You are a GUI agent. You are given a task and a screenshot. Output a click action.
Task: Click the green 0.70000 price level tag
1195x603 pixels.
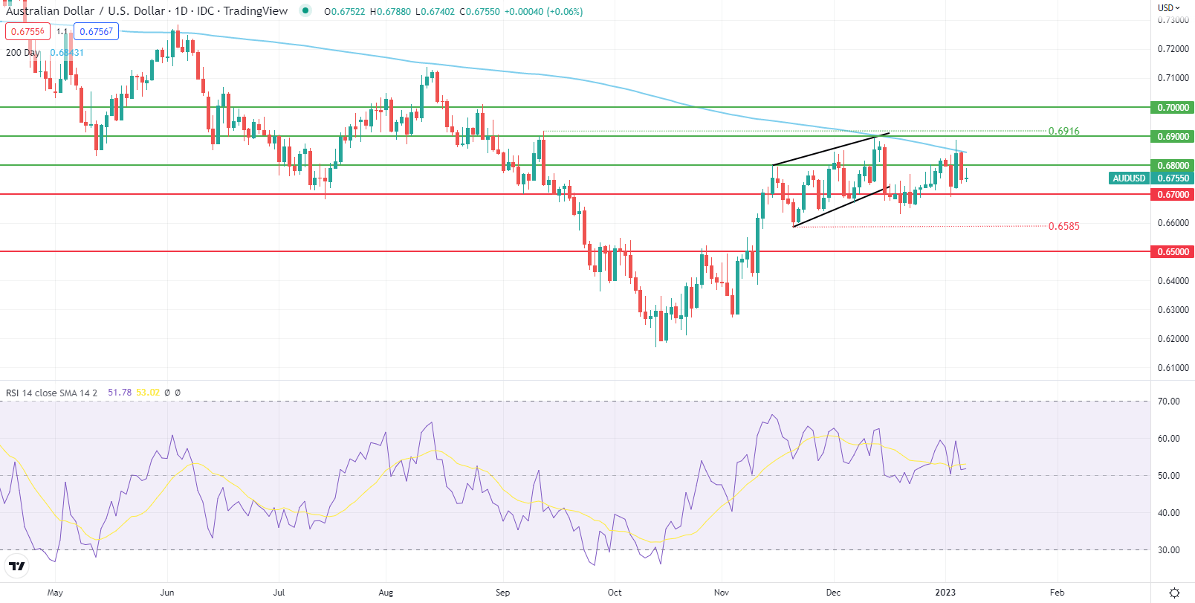pos(1173,108)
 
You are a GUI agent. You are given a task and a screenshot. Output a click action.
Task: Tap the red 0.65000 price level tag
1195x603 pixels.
pos(1173,252)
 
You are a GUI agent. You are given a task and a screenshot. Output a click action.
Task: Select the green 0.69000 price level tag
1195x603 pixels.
pos(1173,137)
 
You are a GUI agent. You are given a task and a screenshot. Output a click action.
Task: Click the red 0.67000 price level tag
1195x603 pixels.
pos(1173,195)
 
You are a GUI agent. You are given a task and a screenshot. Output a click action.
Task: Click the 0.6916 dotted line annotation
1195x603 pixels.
pos(1063,132)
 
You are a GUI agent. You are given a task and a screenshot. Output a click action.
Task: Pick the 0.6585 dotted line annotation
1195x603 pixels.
pos(1063,227)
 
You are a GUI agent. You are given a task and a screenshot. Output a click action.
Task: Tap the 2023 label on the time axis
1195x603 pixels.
pos(945,593)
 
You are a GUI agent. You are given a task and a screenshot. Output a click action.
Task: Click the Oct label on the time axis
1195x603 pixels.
pos(615,593)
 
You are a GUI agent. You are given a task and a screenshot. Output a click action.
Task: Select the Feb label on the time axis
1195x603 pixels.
pos(1057,593)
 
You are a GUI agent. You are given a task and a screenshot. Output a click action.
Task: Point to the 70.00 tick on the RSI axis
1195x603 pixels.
pos(1169,402)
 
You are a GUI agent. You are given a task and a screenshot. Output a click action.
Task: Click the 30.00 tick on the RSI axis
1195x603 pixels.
pos(1169,550)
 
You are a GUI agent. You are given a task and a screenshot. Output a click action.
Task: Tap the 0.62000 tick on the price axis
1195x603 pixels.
pos(1173,339)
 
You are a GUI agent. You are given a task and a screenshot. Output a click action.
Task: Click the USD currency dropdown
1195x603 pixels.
pos(1168,8)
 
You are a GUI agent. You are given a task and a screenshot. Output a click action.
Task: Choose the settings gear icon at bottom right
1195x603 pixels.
pos(1174,593)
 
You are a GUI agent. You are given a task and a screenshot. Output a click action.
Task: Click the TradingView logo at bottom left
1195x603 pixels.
pos(16,567)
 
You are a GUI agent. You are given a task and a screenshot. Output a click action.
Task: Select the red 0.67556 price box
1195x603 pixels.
pos(27,31)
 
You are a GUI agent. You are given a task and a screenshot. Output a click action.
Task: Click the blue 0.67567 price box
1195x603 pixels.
pos(96,31)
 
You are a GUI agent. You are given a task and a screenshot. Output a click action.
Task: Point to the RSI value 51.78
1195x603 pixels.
pos(120,393)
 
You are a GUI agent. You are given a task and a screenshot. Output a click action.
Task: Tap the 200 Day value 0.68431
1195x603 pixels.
pos(67,53)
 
